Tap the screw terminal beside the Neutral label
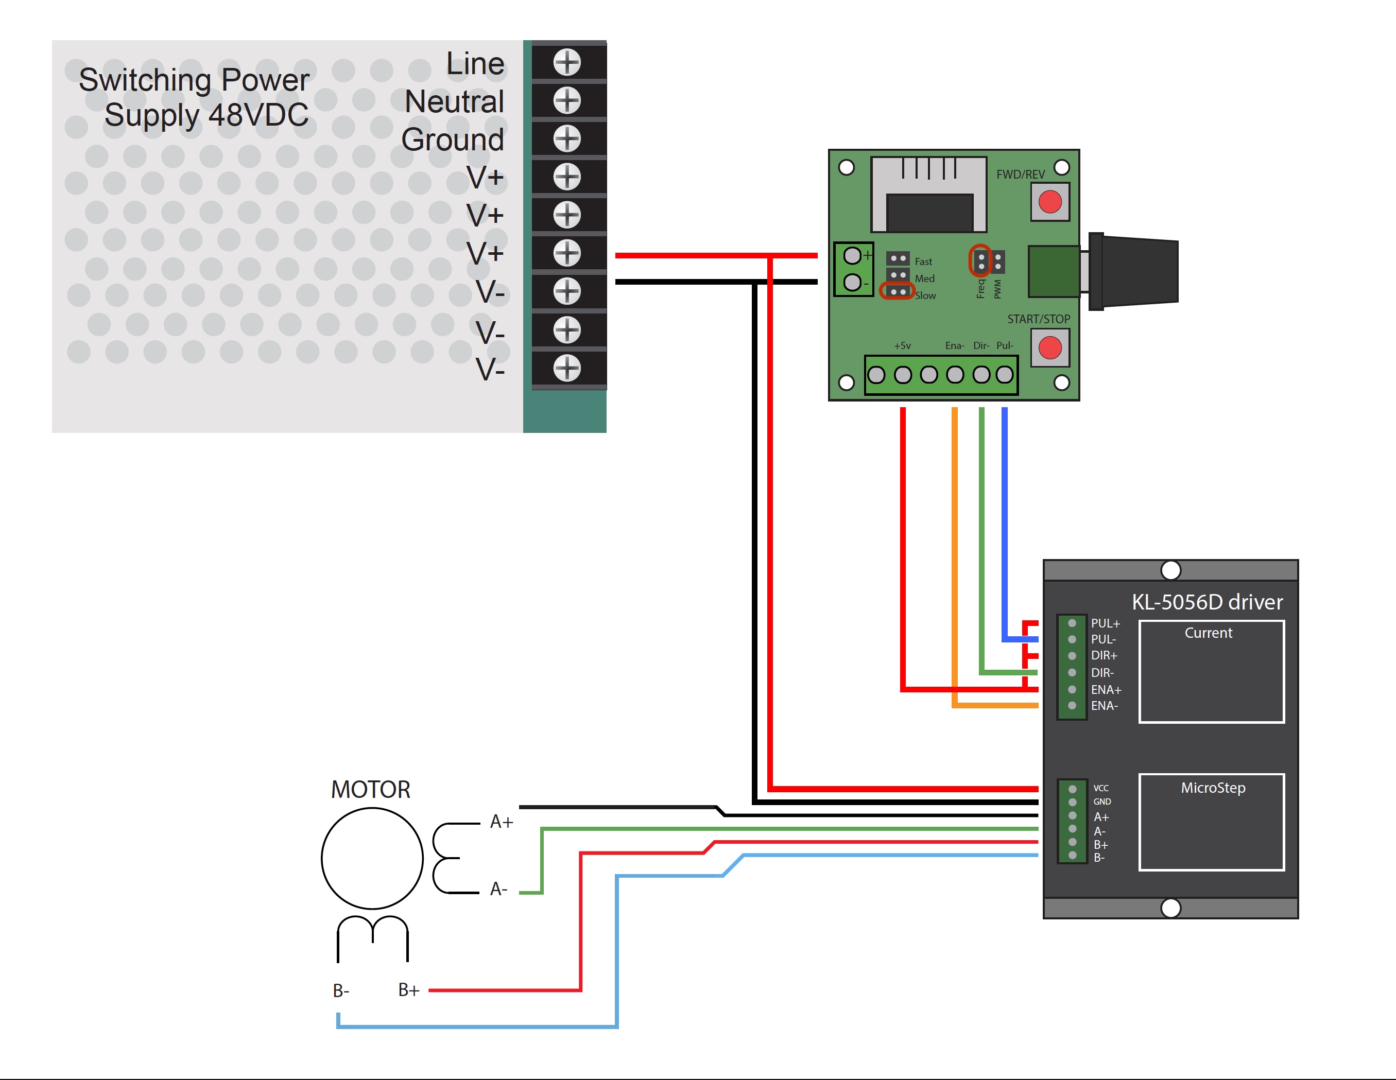point(567,100)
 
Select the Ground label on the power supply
point(453,140)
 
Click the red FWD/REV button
point(1049,202)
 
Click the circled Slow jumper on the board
point(898,291)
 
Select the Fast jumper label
point(923,262)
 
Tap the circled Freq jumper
point(980,260)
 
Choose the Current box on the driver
point(1211,671)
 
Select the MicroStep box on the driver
point(1211,822)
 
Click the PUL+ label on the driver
point(1105,623)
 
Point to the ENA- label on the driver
point(1104,706)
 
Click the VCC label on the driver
point(1101,788)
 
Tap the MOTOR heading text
point(370,790)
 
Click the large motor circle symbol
point(372,858)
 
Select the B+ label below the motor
point(408,990)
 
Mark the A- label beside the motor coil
point(498,889)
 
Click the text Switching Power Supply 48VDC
point(194,97)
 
